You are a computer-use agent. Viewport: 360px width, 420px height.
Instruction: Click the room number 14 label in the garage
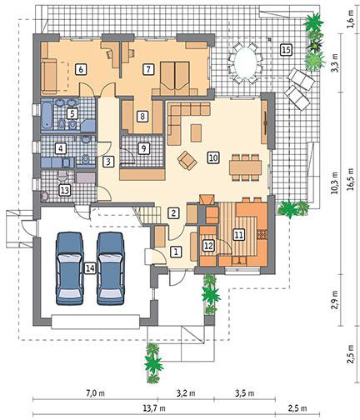click(91, 268)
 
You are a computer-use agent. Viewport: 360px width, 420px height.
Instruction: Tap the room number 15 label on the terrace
click(286, 50)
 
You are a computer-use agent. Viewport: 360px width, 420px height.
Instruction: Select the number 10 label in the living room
click(213, 157)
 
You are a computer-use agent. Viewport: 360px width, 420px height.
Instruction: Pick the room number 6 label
click(81, 69)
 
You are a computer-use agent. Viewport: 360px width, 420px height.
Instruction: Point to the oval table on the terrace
click(246, 62)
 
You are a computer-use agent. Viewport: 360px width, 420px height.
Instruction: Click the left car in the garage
click(70, 268)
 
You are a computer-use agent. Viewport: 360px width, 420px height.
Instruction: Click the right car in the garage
click(111, 268)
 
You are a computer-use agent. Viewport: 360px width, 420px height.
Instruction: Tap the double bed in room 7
click(175, 78)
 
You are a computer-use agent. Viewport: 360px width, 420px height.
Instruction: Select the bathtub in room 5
click(47, 116)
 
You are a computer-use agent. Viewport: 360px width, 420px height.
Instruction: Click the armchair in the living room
click(187, 161)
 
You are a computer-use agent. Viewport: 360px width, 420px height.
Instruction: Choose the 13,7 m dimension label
click(154, 408)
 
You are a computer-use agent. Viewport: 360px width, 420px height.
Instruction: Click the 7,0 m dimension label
click(95, 393)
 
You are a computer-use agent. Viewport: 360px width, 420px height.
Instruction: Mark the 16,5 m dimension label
click(351, 179)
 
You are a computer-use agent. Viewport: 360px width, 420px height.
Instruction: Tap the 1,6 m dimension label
click(351, 19)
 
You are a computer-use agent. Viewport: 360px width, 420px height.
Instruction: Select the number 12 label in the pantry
click(209, 246)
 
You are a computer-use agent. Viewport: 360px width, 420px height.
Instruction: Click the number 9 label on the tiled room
click(143, 148)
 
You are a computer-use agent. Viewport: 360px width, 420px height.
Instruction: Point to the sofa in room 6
click(49, 76)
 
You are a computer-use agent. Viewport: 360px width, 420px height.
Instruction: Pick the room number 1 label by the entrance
click(176, 252)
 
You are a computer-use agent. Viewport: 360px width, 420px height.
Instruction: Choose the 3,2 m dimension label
click(186, 393)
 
